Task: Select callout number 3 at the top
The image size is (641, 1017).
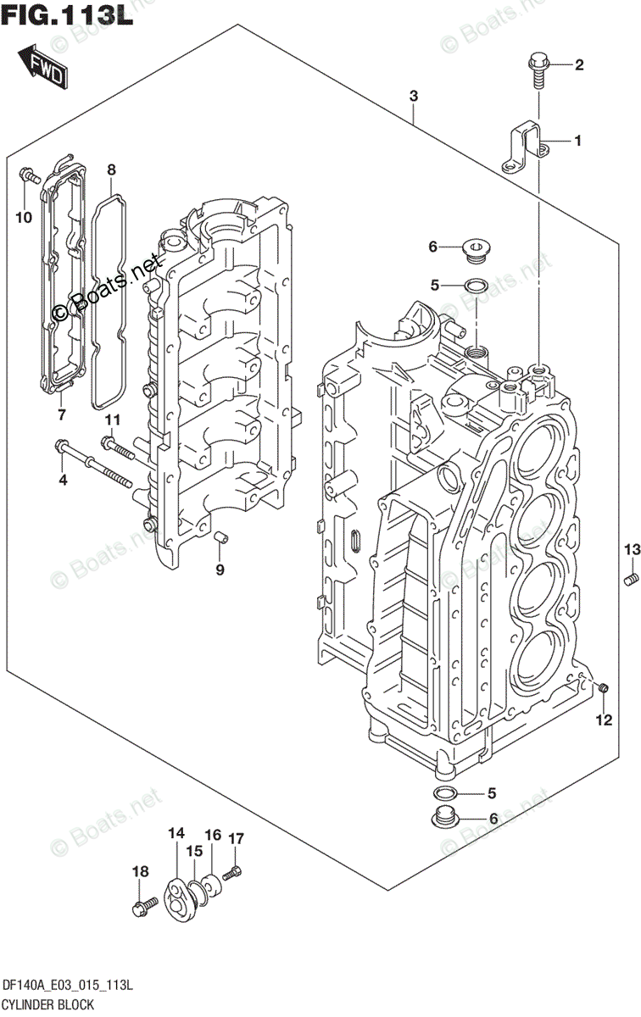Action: click(413, 97)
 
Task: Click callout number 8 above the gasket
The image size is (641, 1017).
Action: click(111, 170)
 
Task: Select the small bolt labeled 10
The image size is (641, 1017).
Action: click(30, 177)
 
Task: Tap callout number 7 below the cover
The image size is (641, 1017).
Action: click(61, 414)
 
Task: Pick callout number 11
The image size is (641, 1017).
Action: click(113, 420)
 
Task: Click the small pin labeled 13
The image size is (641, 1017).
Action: click(630, 580)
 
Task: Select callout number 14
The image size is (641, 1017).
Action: click(176, 834)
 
